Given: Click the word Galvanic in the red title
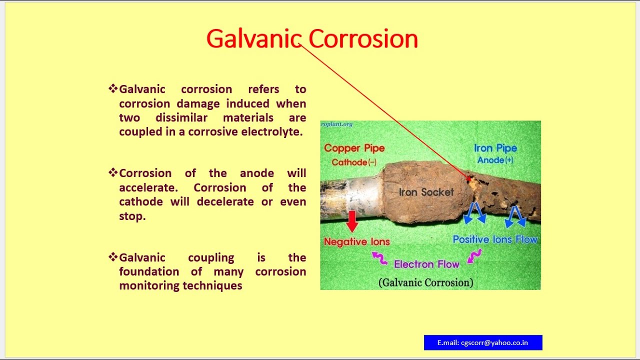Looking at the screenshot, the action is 254,39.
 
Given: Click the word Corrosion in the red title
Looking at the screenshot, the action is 363,39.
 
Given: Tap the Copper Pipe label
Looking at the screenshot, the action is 354,148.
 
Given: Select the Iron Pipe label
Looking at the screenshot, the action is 495,148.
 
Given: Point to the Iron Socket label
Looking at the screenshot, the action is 426,192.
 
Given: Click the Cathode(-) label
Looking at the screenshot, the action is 354,162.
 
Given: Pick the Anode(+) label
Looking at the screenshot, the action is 495,160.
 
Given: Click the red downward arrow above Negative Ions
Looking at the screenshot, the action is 352,221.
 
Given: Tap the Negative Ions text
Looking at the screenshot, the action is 357,242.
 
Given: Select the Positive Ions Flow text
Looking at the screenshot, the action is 495,239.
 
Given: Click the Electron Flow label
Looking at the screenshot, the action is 426,264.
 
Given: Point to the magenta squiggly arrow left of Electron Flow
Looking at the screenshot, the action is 379,258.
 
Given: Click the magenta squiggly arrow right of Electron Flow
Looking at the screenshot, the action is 474,256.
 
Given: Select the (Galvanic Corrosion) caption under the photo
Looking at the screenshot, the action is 425,282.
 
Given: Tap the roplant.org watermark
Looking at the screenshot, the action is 337,124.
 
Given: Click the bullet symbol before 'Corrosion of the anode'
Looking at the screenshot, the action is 113,172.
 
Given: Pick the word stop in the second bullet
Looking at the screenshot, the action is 132,216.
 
